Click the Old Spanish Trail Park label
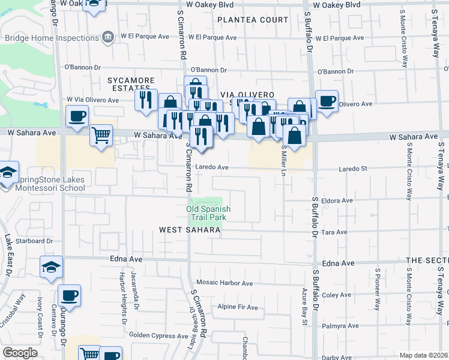coord(208,212)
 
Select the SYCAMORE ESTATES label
coord(131,84)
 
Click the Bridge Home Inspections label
coord(52,37)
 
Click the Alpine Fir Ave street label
coord(238,308)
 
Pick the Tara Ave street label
coord(335,232)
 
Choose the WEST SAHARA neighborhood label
coord(185,230)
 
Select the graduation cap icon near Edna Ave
coord(51,266)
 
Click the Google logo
coord(20,353)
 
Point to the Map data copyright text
coord(424,355)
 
